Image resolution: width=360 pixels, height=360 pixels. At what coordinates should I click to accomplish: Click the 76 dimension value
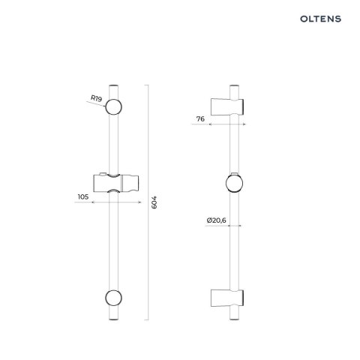200,118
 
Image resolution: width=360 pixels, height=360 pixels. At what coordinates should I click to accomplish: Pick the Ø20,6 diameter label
215,220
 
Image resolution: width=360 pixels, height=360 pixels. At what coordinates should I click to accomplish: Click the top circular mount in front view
114,106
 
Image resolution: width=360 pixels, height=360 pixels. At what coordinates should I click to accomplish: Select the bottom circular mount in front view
114,298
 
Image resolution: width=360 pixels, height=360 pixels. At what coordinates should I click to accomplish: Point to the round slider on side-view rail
232,184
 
